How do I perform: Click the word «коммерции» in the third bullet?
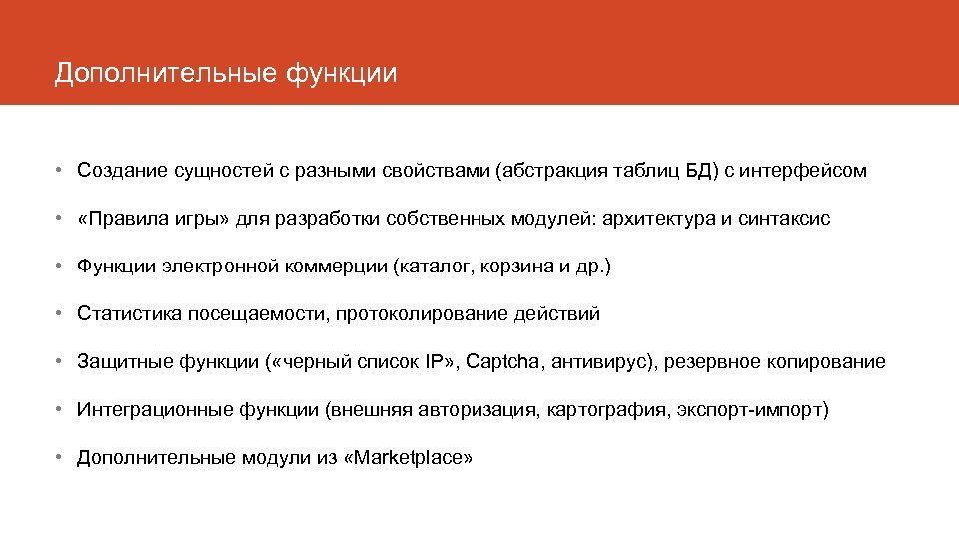(339, 267)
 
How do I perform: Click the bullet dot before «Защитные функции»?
(61, 362)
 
